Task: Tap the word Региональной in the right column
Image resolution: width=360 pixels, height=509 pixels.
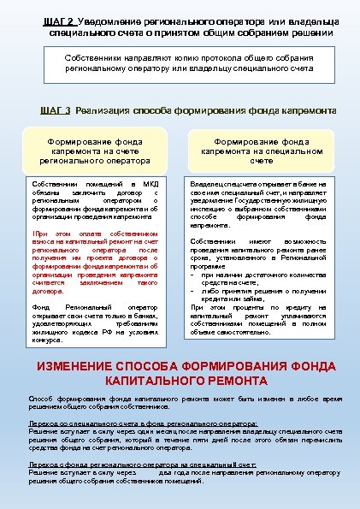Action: coord(299,258)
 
